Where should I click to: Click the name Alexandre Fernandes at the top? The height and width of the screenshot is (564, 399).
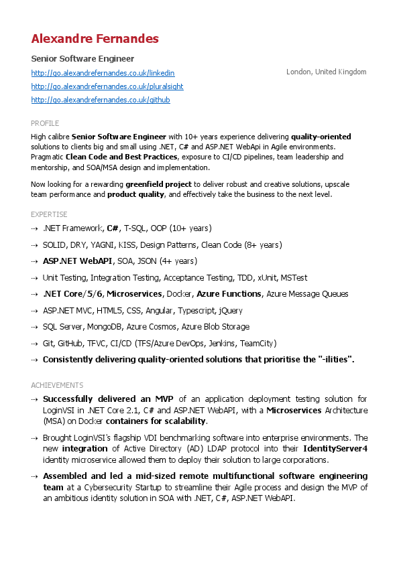pyautogui.click(x=95, y=39)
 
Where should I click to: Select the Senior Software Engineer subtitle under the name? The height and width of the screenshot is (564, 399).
pyautogui.click(x=82, y=59)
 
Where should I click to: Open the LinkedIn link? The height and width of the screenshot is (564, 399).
pyautogui.click(x=103, y=72)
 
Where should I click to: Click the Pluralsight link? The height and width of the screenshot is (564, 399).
pyautogui.click(x=107, y=86)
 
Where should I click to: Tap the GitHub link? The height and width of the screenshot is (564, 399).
pyautogui.click(x=101, y=100)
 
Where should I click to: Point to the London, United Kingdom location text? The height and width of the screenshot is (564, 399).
pyautogui.click(x=326, y=72)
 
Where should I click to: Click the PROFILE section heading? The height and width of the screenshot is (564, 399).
pyautogui.click(x=45, y=123)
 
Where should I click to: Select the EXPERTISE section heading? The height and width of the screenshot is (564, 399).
pyautogui.click(x=49, y=214)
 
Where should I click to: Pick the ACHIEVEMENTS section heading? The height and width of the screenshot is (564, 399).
pyautogui.click(x=57, y=385)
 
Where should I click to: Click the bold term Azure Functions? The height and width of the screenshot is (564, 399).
pyautogui.click(x=229, y=294)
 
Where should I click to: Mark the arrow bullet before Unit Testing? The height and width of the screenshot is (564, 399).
pyautogui.click(x=35, y=278)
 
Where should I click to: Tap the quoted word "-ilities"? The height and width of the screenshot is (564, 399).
pyautogui.click(x=335, y=360)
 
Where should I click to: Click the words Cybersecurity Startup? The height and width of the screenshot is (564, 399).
pyautogui.click(x=128, y=488)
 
